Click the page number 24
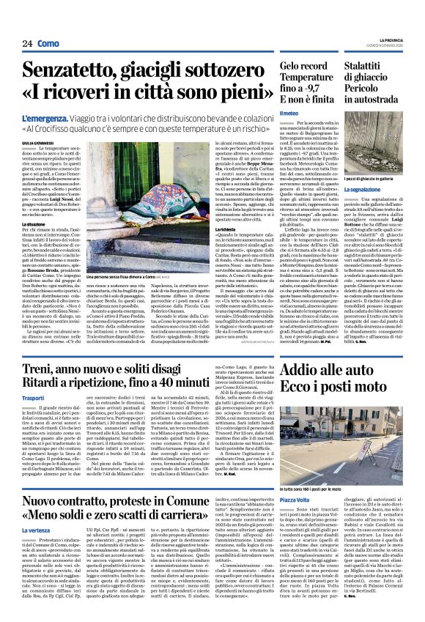[x=27, y=44]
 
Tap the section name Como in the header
[x=49, y=44]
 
